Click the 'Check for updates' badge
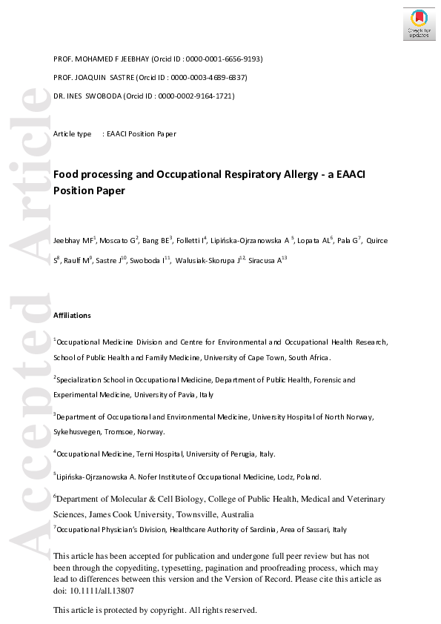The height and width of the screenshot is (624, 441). click(419, 24)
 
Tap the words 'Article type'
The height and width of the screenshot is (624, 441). click(73, 134)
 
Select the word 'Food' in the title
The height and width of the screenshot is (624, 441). click(65, 174)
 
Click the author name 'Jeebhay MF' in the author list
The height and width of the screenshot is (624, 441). click(72, 241)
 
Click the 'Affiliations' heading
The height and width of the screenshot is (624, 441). click(72, 315)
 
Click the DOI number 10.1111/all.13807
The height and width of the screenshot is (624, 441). click(102, 591)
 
